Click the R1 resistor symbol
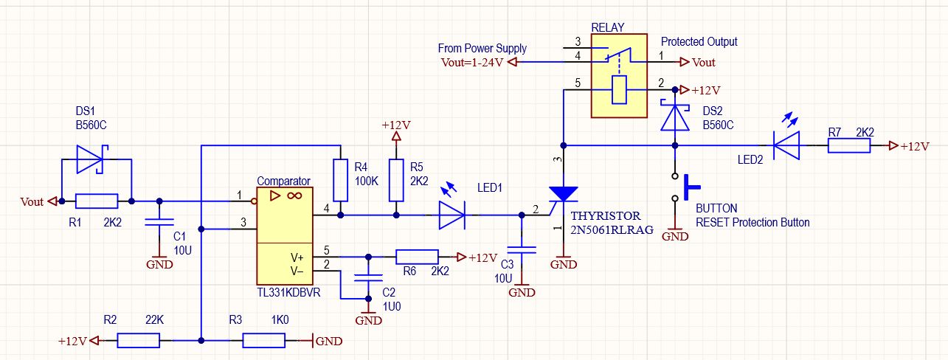(97, 201)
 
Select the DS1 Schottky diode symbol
(90, 159)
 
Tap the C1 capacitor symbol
(159, 223)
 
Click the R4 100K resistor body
(340, 180)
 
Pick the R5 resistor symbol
(396, 180)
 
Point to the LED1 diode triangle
(452, 215)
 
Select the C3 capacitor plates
(522, 250)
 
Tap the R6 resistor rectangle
(417, 257)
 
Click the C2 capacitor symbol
(368, 278)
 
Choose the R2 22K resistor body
(139, 341)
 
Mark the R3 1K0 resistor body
(263, 341)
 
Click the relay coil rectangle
(619, 90)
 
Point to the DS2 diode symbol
(674, 116)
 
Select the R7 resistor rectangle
(849, 145)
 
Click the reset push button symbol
(685, 187)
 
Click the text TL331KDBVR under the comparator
(288, 293)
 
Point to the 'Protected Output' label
(699, 42)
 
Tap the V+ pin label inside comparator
(297, 257)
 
